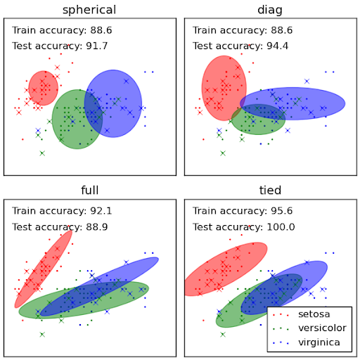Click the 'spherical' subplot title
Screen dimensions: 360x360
[89, 10]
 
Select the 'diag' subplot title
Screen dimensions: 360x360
[270, 10]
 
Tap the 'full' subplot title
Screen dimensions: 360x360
[90, 190]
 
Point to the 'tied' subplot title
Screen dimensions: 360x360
[270, 190]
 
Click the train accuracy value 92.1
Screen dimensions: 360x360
[101, 211]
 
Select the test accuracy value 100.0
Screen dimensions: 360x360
[281, 227]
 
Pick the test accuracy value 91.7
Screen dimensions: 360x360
[97, 46]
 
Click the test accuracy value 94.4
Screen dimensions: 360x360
[277, 46]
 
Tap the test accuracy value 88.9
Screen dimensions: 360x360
[97, 227]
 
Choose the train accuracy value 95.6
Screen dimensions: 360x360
[282, 211]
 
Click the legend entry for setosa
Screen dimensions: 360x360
[314, 314]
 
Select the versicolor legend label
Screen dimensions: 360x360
[322, 328]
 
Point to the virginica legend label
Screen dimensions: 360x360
[319, 342]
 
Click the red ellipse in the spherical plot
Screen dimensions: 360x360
[43, 88]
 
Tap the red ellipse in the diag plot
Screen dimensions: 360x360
[224, 88]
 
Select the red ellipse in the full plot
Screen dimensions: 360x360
[44, 269]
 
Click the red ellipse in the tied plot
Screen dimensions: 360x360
[226, 269]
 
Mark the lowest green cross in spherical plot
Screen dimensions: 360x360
[42, 153]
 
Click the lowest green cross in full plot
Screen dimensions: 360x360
[42, 335]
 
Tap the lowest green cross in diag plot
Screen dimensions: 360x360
[223, 153]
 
